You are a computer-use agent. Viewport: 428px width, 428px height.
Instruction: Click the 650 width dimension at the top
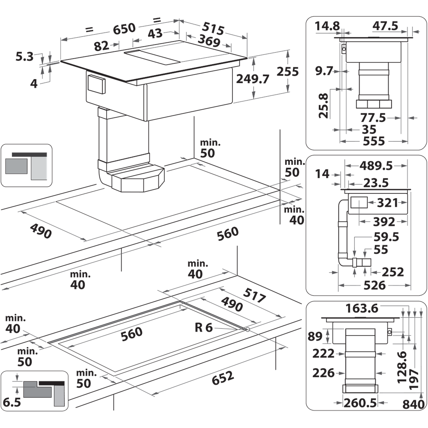(x=125, y=29)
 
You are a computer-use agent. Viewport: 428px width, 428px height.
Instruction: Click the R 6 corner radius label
(x=203, y=328)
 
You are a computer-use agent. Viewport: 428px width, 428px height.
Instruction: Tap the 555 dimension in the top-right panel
(x=373, y=141)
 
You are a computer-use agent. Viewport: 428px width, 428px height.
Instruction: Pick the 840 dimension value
(x=413, y=403)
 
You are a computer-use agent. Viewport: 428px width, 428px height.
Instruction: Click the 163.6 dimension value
(x=361, y=307)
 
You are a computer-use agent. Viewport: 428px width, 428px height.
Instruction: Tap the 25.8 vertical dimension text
(x=324, y=105)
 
